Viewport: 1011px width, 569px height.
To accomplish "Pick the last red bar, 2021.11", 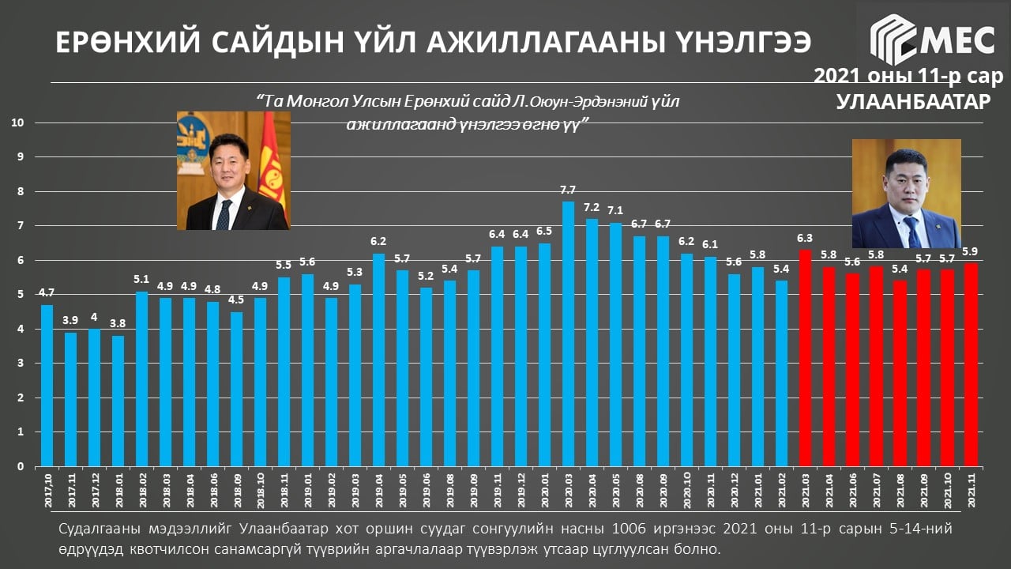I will coord(971,364).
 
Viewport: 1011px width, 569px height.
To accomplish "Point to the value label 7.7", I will coord(568,190).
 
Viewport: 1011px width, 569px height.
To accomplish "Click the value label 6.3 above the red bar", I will coord(805,239).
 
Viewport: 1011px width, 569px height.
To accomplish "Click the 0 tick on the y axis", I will coord(21,466).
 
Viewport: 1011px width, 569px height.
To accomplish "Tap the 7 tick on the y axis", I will coord(21,226).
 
